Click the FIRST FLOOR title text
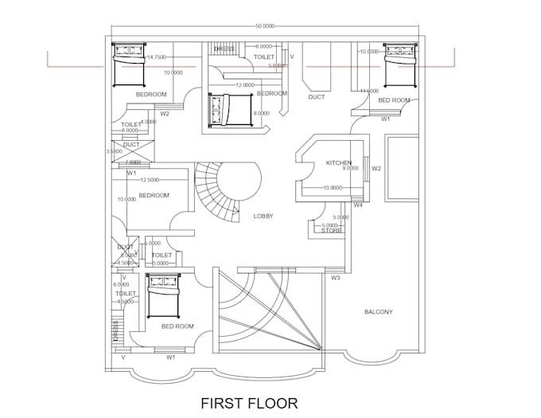coord(249,403)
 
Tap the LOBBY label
coord(264,217)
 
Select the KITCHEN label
coord(338,163)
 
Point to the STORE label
coord(332,231)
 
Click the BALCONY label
coord(378,311)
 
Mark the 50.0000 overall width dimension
coord(266,27)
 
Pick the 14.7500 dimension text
coord(157,57)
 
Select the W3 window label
coord(335,278)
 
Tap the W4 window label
coord(358,205)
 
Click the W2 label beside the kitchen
coord(377,169)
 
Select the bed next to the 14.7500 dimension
coord(126,64)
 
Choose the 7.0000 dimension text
coord(133,162)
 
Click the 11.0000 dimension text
coord(368,91)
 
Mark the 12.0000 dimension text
coord(245,84)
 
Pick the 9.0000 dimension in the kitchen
coord(350,169)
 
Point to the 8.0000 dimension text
coord(261,113)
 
